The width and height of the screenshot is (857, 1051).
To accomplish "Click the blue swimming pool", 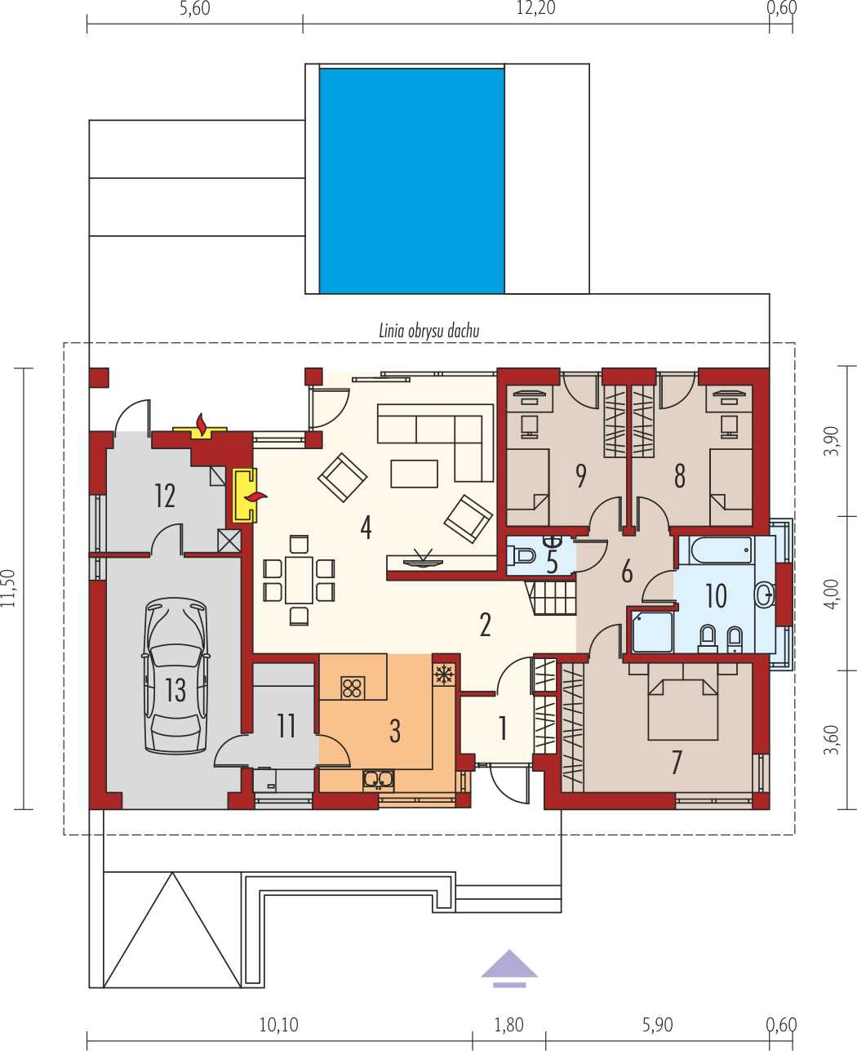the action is (412, 181).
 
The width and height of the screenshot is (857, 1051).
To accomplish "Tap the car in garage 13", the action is (176, 675).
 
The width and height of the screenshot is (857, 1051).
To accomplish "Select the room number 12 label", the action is (165, 496).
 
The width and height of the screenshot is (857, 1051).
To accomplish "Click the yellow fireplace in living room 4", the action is (245, 496).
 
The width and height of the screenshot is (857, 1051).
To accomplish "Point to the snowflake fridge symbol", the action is (442, 675).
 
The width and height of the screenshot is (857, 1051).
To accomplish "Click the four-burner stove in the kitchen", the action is (353, 688).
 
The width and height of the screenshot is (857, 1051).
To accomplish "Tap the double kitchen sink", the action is (379, 780).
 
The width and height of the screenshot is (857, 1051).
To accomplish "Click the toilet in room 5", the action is (521, 554).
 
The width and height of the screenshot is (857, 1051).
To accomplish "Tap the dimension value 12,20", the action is (535, 8).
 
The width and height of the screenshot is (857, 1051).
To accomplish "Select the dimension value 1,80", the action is (509, 1026).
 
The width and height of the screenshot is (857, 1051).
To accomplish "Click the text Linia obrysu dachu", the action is (429, 332).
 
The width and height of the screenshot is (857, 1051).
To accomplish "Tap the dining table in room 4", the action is (299, 580).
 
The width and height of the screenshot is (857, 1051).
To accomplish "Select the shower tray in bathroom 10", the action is (652, 632).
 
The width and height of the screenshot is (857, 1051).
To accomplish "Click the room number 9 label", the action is (580, 476).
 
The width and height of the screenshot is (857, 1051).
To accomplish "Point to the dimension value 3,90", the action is (831, 441).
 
